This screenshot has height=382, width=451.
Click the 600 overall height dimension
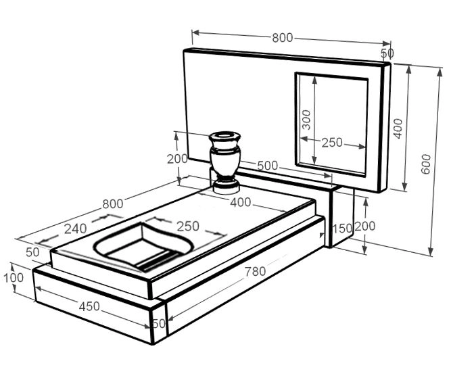click(x=426, y=164)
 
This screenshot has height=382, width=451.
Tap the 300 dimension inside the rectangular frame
click(x=307, y=120)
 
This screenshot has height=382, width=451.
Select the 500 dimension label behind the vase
click(x=268, y=166)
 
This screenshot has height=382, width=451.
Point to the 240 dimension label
click(x=75, y=229)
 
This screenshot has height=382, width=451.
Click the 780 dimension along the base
click(x=255, y=271)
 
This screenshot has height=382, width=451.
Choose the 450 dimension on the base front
click(x=89, y=306)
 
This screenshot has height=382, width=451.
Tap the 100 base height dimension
click(x=14, y=278)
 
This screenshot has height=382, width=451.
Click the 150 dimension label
click(x=342, y=229)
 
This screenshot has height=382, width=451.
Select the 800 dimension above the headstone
click(x=283, y=38)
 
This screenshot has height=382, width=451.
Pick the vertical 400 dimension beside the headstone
click(x=398, y=128)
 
